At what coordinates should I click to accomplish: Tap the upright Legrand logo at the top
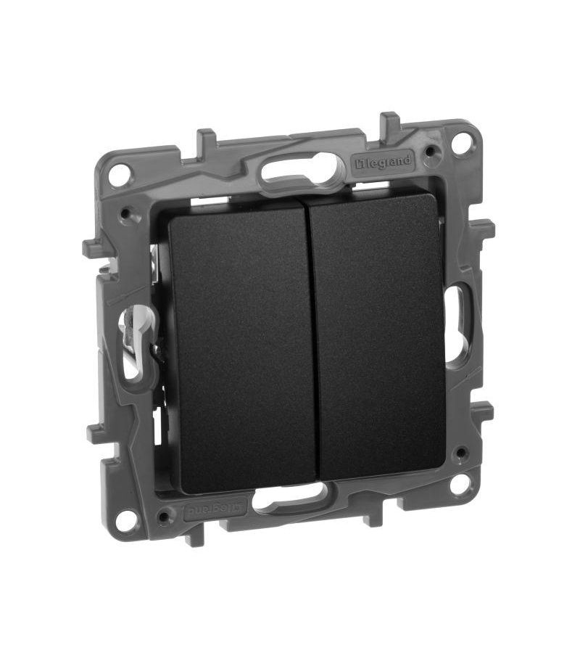[x=382, y=161]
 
